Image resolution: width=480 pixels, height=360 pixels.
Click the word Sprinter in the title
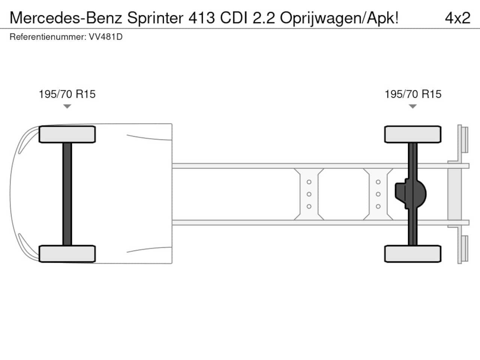(x=155, y=18)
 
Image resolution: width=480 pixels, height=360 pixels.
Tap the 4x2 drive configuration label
(x=457, y=18)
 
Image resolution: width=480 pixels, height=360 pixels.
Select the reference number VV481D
(x=106, y=37)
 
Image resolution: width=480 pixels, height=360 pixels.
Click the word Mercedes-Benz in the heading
(x=66, y=18)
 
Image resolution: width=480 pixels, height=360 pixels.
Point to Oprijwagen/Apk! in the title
(x=339, y=18)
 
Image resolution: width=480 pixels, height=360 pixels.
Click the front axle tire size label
(x=67, y=94)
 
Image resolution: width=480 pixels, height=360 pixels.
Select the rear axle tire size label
(x=413, y=94)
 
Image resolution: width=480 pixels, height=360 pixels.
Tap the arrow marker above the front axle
(x=67, y=106)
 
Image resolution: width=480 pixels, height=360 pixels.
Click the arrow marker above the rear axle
(x=412, y=106)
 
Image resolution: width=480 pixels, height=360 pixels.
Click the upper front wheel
(x=67, y=134)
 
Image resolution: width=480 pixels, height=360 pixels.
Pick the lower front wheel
(x=67, y=254)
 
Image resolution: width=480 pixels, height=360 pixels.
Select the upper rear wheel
(x=412, y=134)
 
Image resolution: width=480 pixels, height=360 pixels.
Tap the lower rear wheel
(x=412, y=254)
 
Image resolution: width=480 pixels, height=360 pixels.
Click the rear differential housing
(x=411, y=194)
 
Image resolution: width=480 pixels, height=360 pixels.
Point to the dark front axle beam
(x=67, y=194)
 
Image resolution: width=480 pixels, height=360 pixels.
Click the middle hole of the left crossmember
(x=309, y=194)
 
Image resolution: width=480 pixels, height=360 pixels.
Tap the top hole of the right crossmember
(x=378, y=182)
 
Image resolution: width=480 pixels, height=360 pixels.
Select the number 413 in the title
(x=202, y=18)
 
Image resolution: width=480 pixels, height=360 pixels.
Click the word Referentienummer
(x=48, y=37)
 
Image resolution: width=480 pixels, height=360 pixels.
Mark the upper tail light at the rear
(x=465, y=139)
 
